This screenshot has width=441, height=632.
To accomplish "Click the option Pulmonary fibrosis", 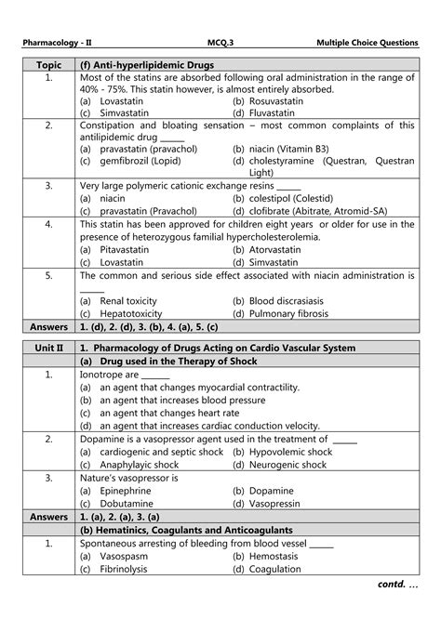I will tap(295, 313).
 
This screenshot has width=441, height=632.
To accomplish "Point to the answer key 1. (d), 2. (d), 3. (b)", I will tap(149, 326).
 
